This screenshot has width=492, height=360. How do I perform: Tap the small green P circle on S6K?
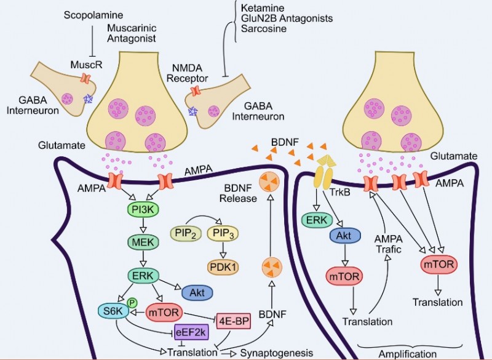click(x=131, y=303)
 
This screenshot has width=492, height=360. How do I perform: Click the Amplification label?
click(x=405, y=354)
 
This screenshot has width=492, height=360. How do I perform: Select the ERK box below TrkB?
click(x=317, y=218)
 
